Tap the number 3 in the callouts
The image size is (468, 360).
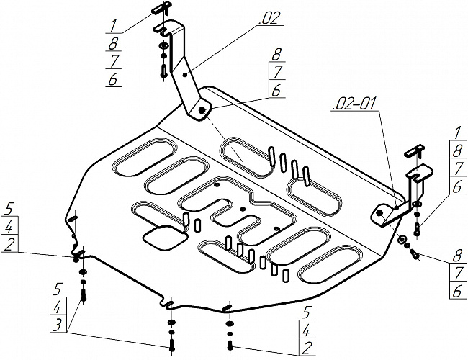[x=58, y=325]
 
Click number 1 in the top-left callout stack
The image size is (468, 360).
[x=113, y=26]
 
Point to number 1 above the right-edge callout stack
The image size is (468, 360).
[x=457, y=132]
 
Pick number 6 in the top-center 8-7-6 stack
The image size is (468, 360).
[x=276, y=90]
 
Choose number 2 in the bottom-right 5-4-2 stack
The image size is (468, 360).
[x=307, y=348]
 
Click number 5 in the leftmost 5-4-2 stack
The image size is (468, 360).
[x=9, y=209]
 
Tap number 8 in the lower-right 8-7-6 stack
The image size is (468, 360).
[x=457, y=257]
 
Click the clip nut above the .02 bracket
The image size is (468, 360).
[x=161, y=8]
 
